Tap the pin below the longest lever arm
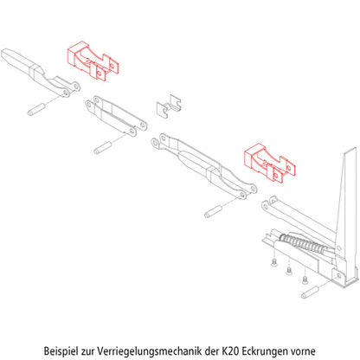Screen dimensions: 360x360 215,209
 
